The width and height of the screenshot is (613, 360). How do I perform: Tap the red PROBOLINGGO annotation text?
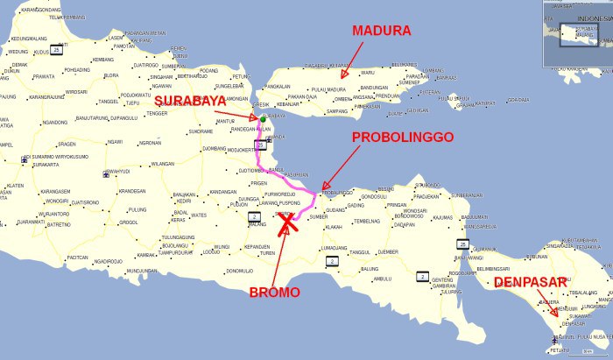click(401, 138)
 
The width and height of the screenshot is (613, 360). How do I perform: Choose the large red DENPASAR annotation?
click(530, 282)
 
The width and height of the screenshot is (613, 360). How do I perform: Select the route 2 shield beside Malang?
click(255, 215)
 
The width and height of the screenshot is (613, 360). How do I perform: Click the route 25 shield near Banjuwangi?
click(462, 244)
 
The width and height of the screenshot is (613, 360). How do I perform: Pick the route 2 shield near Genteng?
click(420, 277)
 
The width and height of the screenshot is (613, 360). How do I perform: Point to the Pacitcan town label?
click(77, 258)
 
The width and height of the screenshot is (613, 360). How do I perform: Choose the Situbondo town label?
click(427, 186)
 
